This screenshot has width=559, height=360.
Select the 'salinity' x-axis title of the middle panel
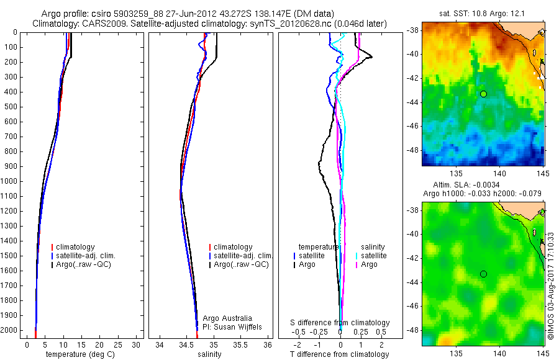(210, 354)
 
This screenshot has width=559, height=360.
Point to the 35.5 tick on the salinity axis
(241, 344)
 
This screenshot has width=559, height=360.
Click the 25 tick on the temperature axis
(118, 344)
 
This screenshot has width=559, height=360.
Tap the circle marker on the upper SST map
(483, 94)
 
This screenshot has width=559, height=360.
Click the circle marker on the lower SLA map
(483, 274)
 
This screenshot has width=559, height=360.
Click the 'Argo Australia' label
(227, 318)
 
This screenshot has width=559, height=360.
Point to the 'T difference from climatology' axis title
(339, 354)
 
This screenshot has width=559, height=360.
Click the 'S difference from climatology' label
(340, 323)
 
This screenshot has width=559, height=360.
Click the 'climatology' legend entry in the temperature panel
(75, 247)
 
